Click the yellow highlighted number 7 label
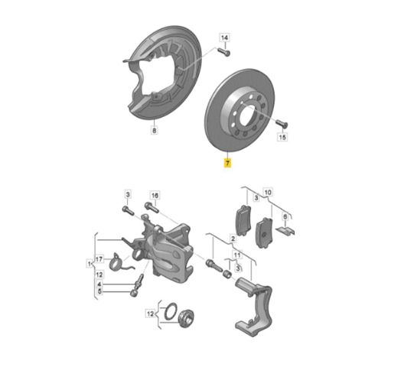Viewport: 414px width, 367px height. point(227,163)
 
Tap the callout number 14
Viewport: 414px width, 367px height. point(224,37)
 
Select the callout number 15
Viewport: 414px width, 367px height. point(282,137)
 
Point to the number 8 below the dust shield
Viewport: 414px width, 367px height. point(154,130)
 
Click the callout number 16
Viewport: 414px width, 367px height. point(155,196)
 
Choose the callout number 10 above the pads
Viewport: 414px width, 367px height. point(268,193)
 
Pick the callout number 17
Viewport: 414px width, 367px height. point(99,259)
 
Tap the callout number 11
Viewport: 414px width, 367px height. point(237,255)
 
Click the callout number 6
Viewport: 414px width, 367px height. point(285,217)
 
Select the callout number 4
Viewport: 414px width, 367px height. point(99,284)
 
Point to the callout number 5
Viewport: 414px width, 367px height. point(99,291)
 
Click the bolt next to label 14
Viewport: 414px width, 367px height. point(223,51)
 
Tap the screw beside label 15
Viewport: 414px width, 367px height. point(282,123)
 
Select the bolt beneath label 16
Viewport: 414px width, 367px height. point(152,207)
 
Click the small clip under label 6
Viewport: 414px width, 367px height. point(285,230)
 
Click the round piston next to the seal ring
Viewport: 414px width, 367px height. point(186,318)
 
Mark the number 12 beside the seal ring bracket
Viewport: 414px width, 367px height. point(150,314)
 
